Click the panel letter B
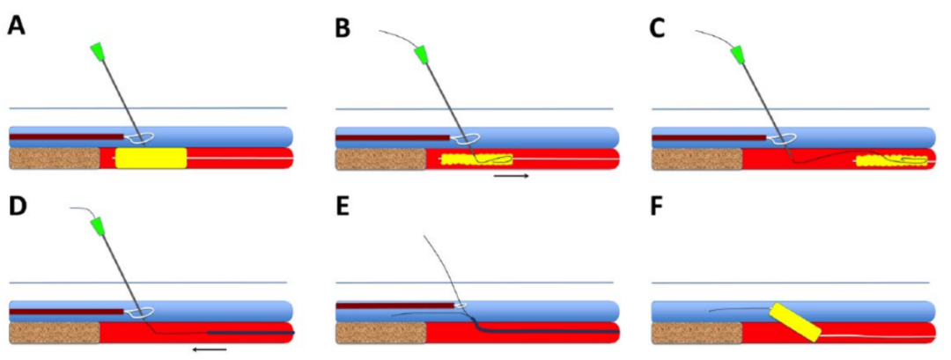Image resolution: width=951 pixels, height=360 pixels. pos(343,26)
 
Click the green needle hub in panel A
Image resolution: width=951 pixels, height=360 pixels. pos(97,53)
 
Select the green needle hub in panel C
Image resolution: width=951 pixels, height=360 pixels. pos(738,55)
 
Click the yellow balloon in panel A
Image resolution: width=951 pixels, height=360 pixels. pos(151,158)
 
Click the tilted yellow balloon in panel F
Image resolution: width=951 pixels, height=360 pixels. pos(795,322)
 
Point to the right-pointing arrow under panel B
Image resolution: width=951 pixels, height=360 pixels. pos(512,176)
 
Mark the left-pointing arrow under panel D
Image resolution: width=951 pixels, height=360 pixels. pos(210,349)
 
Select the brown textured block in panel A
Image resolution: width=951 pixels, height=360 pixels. pos(54,158)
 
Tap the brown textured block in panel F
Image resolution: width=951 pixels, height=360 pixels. pos(696,333)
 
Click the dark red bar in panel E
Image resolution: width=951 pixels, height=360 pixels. pos(395,305)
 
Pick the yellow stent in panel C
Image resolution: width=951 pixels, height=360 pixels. pos(890,160)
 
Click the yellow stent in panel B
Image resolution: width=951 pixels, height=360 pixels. pos(476,160)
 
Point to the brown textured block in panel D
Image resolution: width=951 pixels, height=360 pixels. pos(54,333)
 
